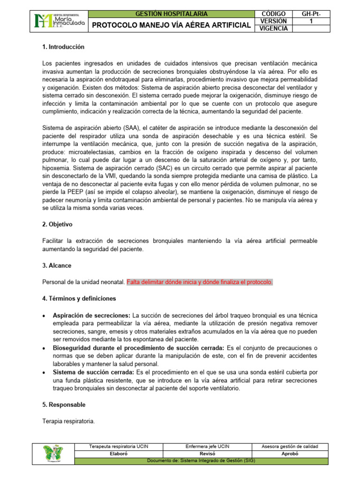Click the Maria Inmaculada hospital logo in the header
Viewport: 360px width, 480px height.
(59, 21)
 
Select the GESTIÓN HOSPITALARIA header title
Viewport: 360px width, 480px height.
(171, 14)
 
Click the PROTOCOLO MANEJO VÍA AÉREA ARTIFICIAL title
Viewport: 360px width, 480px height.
(171, 25)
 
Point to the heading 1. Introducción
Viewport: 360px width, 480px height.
(63, 47)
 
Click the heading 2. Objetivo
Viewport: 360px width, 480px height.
(57, 225)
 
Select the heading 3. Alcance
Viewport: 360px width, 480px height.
(57, 265)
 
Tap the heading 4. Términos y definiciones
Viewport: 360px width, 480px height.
(79, 298)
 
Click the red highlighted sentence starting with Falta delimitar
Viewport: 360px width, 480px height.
(200, 282)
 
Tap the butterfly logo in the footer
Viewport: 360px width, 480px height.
(54, 453)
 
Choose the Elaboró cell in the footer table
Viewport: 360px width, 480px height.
(119, 454)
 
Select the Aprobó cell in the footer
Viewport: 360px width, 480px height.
(289, 454)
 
